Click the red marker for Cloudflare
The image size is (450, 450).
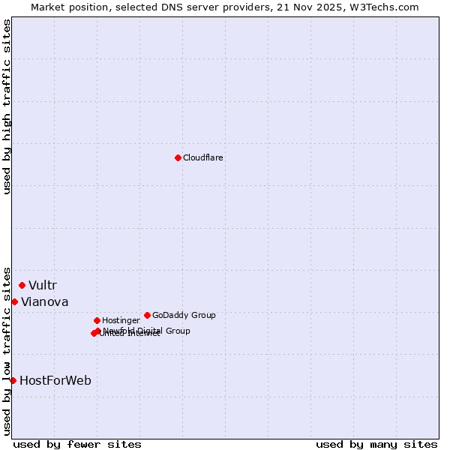[178, 157]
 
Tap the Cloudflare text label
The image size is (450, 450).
[202, 157]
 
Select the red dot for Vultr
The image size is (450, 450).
[22, 285]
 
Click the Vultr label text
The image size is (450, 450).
[42, 285]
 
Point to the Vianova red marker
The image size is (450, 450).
[14, 301]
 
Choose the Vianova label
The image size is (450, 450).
[44, 301]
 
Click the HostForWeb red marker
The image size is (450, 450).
[13, 380]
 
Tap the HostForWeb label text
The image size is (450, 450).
[55, 380]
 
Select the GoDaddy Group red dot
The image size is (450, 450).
[147, 315]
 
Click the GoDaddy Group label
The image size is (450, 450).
[183, 315]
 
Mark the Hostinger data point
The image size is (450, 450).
[97, 320]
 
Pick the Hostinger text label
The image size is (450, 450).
[121, 320]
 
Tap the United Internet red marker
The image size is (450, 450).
[94, 333]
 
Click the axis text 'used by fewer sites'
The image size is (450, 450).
[77, 444]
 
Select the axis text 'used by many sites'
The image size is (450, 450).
[376, 444]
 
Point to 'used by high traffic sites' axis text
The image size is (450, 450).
[7, 106]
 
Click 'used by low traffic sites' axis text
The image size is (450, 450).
[7, 350]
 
